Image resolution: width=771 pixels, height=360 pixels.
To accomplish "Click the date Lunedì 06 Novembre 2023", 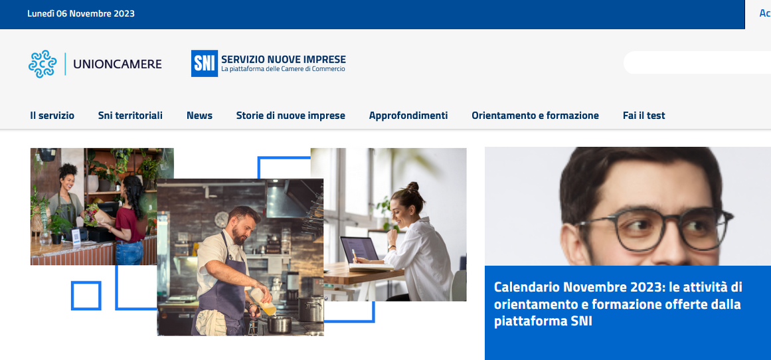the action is click(80, 14).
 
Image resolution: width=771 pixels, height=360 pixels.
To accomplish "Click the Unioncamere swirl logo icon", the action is click(43, 64).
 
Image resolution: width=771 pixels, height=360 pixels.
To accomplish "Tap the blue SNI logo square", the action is click(205, 64).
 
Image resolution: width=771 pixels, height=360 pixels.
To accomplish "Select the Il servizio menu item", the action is click(52, 116).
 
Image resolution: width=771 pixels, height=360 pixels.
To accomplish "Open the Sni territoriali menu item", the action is click(130, 116).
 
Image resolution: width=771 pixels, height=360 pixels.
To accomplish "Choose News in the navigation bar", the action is click(200, 116).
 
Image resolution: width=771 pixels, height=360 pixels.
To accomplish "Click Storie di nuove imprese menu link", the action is click(291, 116).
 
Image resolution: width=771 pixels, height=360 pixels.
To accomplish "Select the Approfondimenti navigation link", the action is click(408, 116).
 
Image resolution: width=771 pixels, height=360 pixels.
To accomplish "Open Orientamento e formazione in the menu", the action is click(535, 116).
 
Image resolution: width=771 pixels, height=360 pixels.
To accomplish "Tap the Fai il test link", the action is click(644, 116).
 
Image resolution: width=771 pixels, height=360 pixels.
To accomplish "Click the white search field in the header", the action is click(697, 62).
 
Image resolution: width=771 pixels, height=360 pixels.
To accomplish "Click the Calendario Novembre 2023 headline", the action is click(618, 304).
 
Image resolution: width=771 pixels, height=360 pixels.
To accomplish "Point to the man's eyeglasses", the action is click(655, 228).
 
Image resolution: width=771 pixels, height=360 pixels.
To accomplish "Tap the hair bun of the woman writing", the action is click(412, 187).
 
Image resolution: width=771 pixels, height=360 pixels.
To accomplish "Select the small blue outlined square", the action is click(86, 296).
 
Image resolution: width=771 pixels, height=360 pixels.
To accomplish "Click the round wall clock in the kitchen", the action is click(221, 219).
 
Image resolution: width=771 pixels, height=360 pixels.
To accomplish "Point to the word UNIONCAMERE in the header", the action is click(118, 64).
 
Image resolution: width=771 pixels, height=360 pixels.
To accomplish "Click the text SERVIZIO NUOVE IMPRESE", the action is click(284, 60).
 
